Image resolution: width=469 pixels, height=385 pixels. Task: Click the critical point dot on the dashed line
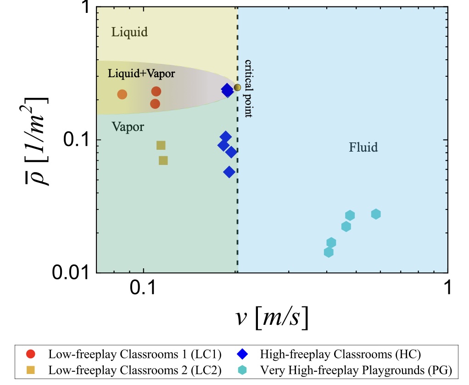[x=237, y=87]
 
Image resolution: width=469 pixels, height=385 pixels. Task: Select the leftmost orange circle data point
[x=122, y=94]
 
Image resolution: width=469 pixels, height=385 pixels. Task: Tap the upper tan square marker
[x=161, y=145]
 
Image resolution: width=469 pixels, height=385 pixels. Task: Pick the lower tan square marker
[x=163, y=160]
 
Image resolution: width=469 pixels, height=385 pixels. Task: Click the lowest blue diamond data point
[x=229, y=172]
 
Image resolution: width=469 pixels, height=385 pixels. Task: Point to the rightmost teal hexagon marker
[x=376, y=214]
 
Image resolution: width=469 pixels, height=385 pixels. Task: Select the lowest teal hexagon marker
[x=329, y=252]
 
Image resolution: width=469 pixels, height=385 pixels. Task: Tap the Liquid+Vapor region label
[x=135, y=74]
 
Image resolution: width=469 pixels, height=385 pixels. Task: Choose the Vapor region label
[x=128, y=127]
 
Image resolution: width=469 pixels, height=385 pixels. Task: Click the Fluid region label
[x=363, y=147]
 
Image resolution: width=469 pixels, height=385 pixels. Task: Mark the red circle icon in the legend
[x=30, y=354]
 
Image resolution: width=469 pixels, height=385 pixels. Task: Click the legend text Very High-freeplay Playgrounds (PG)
[x=356, y=369]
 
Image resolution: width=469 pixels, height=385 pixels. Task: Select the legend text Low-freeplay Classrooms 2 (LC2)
[x=135, y=369]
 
